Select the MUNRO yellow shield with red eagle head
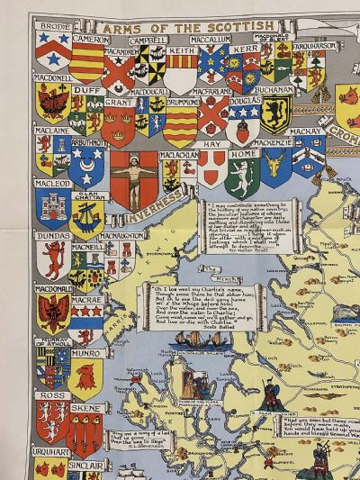click(86, 378)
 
